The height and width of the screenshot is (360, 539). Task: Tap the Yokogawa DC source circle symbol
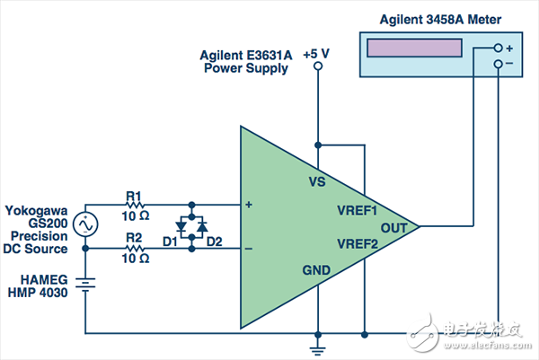pos(84,224)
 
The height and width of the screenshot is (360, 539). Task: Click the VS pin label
pos(316,181)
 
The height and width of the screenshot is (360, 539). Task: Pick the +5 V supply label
pos(316,55)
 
